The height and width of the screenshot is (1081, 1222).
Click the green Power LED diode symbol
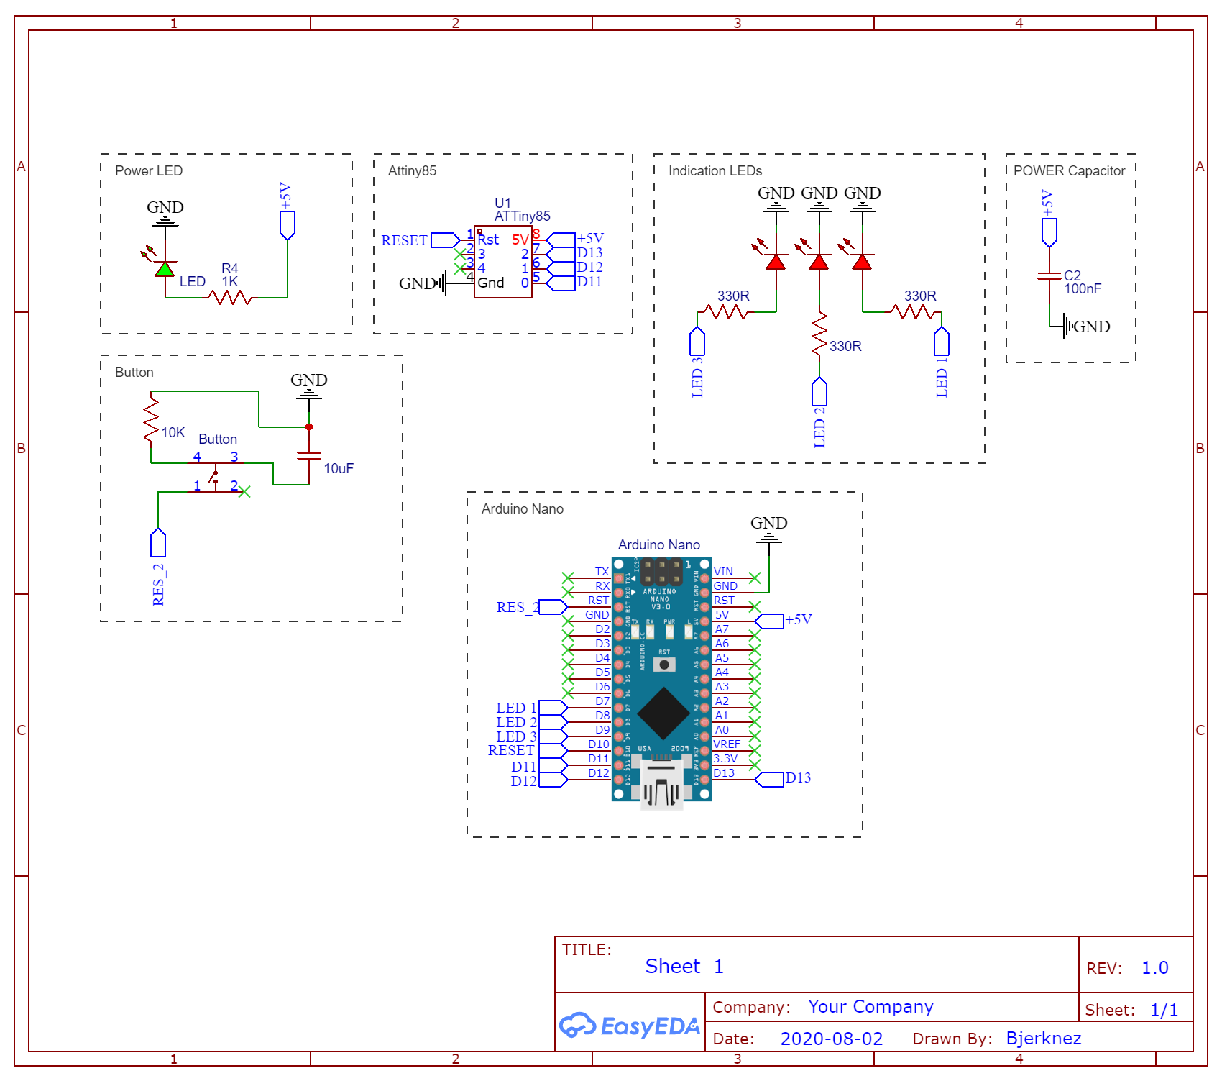click(x=165, y=270)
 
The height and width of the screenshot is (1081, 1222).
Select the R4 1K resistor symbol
click(x=229, y=297)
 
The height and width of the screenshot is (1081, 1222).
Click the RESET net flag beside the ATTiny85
click(x=445, y=240)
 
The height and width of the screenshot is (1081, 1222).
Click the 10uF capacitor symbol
click(x=309, y=455)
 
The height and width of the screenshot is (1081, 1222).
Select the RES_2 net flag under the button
click(x=158, y=543)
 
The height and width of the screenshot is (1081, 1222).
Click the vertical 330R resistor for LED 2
click(x=819, y=333)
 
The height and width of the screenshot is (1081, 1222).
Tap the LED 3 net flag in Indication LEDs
click(x=697, y=342)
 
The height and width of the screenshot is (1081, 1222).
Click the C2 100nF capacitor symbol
click(x=1049, y=275)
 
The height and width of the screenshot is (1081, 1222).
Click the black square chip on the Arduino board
click(x=663, y=713)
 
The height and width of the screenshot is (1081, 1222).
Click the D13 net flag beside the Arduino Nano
click(x=770, y=780)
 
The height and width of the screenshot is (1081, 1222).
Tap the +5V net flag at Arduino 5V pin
click(x=770, y=621)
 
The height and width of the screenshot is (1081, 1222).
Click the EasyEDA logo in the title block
click(x=630, y=1026)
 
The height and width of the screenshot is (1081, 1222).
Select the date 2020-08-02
click(x=831, y=1039)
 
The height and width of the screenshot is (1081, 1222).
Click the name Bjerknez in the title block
click(x=1043, y=1038)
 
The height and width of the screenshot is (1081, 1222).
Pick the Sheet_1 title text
click(x=684, y=966)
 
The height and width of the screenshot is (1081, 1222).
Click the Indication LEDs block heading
click(x=715, y=170)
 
